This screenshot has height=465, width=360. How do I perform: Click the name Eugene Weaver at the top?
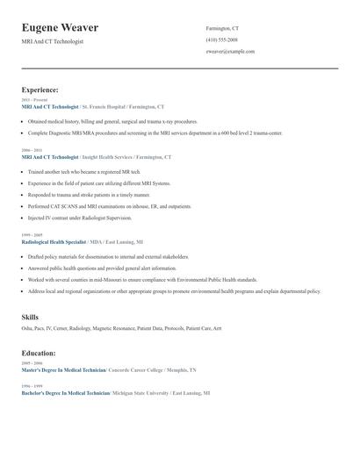point(60,28)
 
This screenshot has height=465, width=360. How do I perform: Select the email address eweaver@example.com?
point(230,51)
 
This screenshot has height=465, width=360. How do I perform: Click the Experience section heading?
point(40,89)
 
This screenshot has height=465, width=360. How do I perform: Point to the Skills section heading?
point(30,316)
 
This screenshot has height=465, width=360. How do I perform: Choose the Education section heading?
point(39,354)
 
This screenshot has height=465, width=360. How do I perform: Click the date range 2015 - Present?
point(31,101)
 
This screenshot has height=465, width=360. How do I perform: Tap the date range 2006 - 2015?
point(32,151)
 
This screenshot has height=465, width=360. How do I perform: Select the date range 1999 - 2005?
point(32,235)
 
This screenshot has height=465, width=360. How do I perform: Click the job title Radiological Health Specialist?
point(54,241)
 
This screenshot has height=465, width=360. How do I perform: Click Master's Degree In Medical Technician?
point(63,370)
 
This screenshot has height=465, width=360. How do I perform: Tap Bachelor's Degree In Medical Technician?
point(65,393)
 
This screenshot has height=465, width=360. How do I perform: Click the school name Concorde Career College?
point(141,370)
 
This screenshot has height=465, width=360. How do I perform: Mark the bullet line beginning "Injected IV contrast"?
point(80,218)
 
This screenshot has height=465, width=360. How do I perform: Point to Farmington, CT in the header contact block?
point(223,28)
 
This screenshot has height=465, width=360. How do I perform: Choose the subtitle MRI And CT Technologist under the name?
point(53,41)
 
